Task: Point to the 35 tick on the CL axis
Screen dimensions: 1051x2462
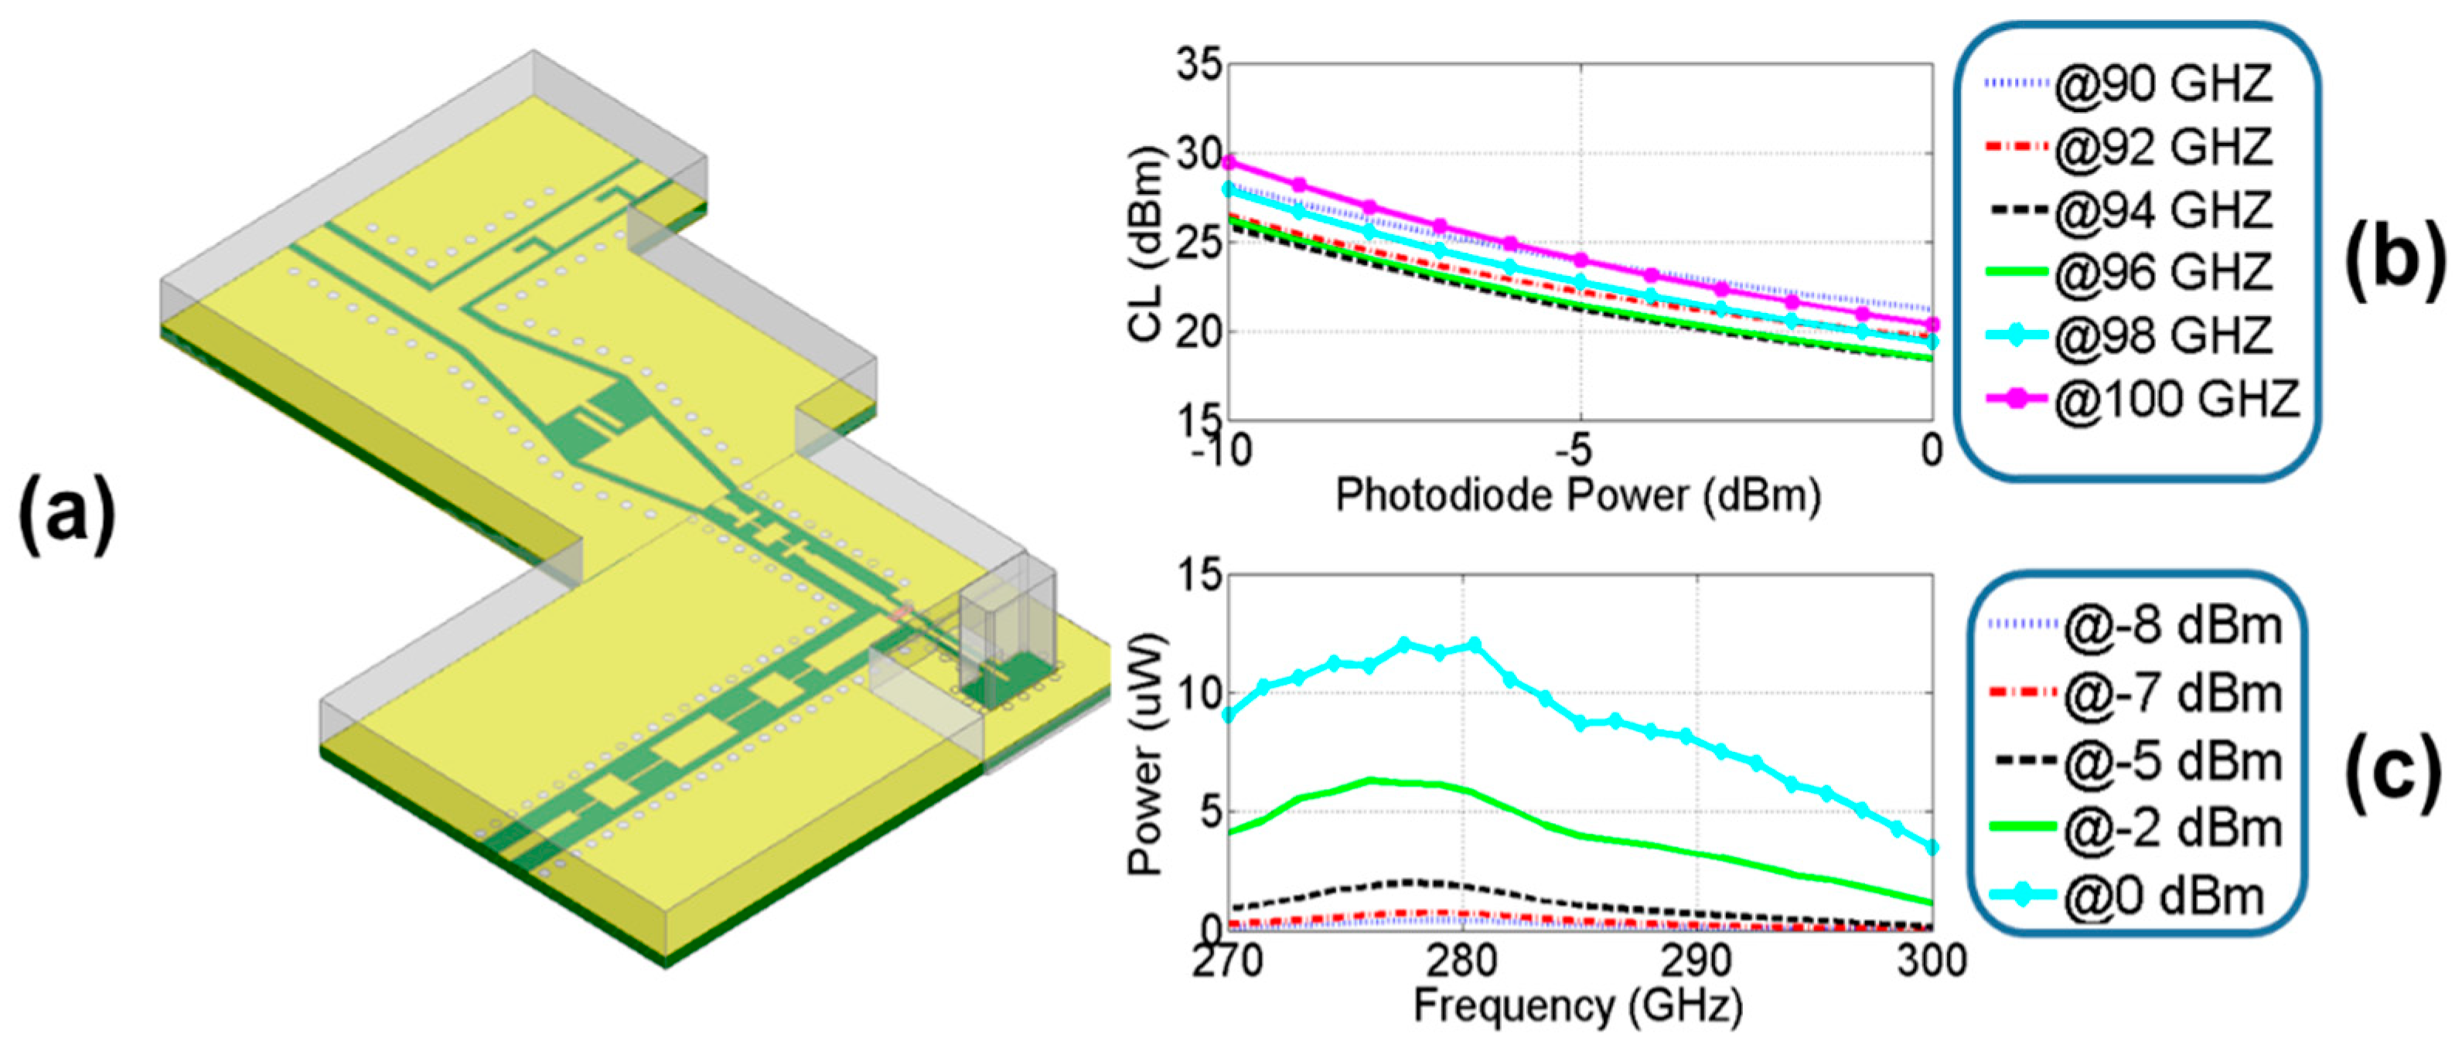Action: (x=1197, y=67)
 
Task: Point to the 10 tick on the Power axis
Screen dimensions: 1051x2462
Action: (x=1198, y=695)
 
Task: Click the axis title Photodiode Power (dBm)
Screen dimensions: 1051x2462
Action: (x=1578, y=497)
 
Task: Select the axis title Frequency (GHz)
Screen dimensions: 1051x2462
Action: (x=1578, y=1007)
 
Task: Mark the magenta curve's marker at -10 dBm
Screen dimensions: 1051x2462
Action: (x=1229, y=162)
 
